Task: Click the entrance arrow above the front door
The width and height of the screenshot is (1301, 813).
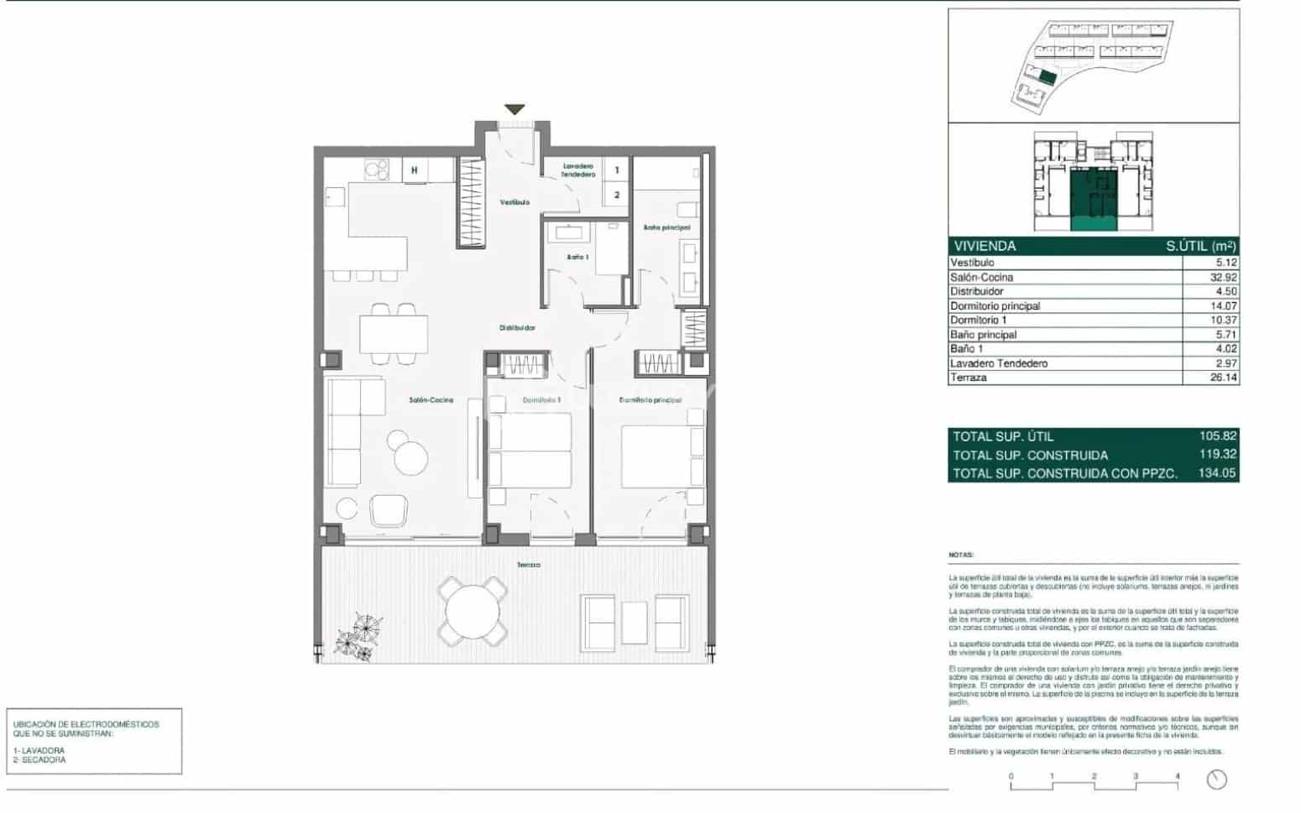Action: (515, 110)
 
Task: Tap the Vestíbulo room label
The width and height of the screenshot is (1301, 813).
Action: (515, 202)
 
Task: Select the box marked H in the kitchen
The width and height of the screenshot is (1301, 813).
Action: (415, 170)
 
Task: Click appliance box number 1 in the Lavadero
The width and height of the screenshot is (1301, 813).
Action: (617, 170)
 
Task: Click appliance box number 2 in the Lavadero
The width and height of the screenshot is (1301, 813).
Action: (617, 195)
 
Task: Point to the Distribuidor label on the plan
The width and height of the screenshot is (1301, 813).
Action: (517, 328)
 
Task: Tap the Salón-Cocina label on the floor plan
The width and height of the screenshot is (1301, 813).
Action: (431, 400)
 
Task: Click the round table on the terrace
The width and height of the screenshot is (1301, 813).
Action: (473, 612)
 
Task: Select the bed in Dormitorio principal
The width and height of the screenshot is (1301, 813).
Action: (661, 456)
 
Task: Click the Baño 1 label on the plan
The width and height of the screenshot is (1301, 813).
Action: (577, 257)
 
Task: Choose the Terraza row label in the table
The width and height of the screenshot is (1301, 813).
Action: (969, 378)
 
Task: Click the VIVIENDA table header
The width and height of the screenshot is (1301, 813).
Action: (985, 246)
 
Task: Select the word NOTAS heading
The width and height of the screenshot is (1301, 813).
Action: (960, 555)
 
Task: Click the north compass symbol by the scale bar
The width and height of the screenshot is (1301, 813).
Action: (1216, 779)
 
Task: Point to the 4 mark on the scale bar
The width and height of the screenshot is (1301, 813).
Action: (1178, 777)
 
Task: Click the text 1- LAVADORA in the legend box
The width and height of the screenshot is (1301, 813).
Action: (39, 750)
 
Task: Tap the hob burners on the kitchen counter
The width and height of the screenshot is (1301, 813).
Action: (375, 170)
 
